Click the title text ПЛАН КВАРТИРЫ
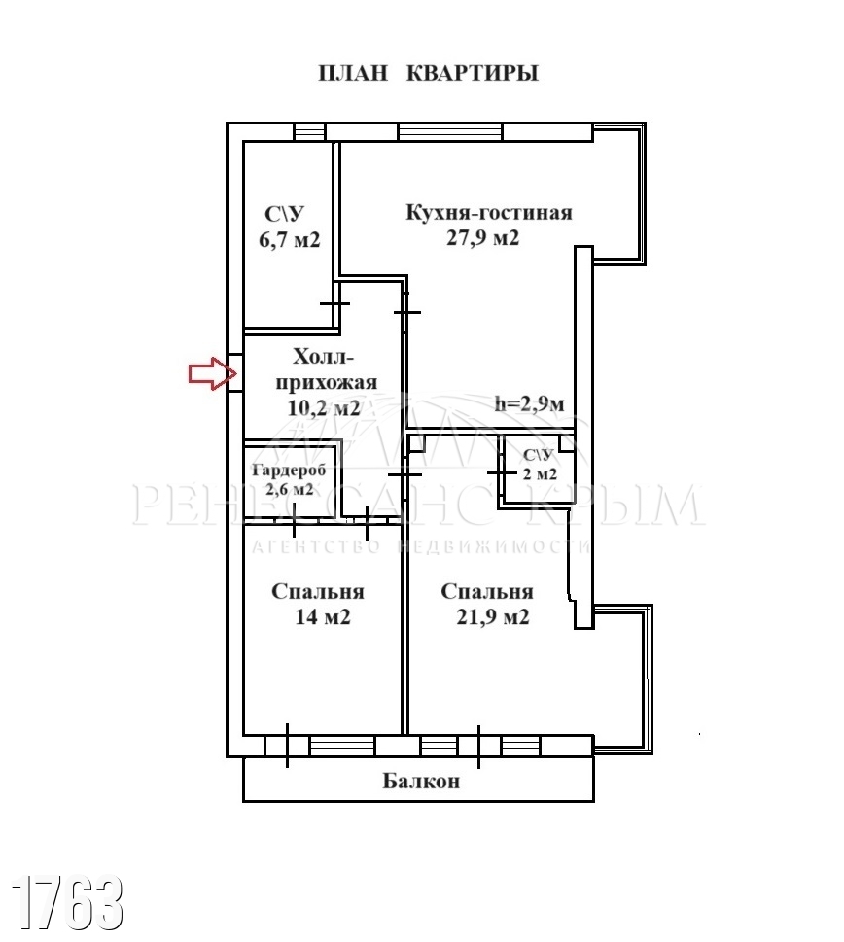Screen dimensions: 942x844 point(428,73)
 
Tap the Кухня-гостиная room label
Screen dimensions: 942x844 point(488,213)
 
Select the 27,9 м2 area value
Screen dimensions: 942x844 point(482,238)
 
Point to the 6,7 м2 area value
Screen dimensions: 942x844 point(289,240)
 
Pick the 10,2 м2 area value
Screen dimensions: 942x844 point(324,408)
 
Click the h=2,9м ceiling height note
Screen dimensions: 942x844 point(530,405)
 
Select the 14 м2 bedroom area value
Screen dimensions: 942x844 point(319,618)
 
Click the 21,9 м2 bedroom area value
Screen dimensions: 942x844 point(491,617)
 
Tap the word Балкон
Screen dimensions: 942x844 point(420,781)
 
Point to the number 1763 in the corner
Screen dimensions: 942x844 point(68,903)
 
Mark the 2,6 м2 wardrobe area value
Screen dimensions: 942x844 point(290,489)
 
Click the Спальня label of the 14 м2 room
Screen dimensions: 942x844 point(318,592)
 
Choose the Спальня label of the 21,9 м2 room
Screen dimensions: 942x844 point(486,591)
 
